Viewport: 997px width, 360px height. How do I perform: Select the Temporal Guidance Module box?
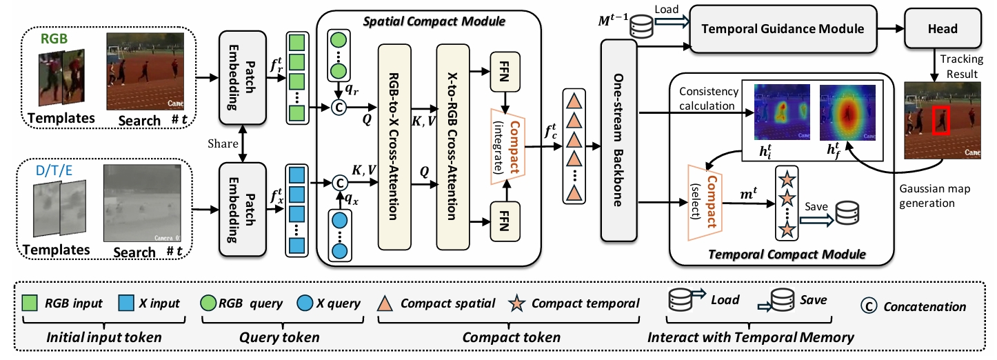tap(783, 28)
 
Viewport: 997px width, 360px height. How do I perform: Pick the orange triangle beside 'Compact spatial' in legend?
tap(386, 303)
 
